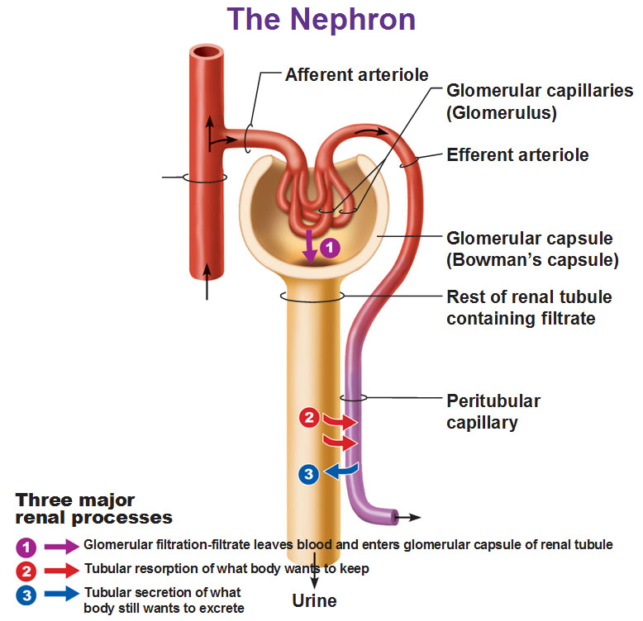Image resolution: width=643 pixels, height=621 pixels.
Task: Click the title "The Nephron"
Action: point(321,20)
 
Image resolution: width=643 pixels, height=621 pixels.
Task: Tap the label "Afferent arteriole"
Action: point(357,75)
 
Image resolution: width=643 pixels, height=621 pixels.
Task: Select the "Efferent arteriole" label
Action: point(517,155)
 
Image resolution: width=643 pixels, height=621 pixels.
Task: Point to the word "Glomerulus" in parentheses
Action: point(502,112)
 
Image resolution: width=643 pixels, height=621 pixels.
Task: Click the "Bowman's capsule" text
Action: point(532,259)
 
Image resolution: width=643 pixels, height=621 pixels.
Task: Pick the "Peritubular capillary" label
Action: point(493,412)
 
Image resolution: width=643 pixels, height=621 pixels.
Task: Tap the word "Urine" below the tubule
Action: point(315,601)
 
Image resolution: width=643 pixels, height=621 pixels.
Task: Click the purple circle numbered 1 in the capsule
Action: point(330,248)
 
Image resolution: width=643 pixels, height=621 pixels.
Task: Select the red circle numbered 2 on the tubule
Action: point(309,418)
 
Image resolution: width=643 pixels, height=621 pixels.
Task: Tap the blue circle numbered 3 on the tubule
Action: point(309,474)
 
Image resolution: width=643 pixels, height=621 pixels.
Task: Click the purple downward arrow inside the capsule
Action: point(310,247)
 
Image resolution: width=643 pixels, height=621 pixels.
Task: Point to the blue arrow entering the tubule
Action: point(341,471)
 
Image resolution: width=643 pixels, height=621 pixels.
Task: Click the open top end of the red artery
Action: point(207,52)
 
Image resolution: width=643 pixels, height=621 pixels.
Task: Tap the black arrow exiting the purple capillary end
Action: point(408,518)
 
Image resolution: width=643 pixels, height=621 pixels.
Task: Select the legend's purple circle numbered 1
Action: point(26,548)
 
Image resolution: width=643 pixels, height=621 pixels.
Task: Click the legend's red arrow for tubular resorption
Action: point(62,571)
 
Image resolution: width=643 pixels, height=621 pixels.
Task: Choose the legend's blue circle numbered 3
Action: point(26,595)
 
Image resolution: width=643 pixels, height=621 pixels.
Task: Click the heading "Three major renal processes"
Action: point(94,509)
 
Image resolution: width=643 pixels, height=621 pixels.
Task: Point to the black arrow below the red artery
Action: point(207,282)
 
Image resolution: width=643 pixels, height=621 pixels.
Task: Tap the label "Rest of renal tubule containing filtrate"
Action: point(529,308)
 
